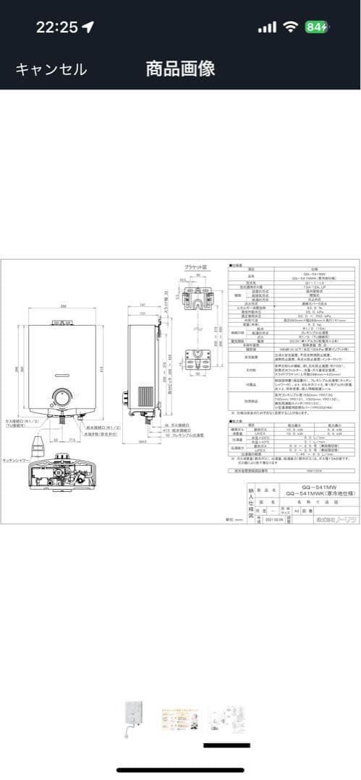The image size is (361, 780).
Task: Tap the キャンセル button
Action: tap(51, 69)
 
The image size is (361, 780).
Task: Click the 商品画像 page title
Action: tap(180, 69)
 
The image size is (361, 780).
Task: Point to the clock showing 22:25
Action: tap(56, 27)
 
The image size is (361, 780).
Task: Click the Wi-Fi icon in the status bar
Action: tap(291, 27)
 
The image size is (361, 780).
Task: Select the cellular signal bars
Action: tap(268, 27)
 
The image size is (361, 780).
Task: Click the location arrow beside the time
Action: tap(88, 27)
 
